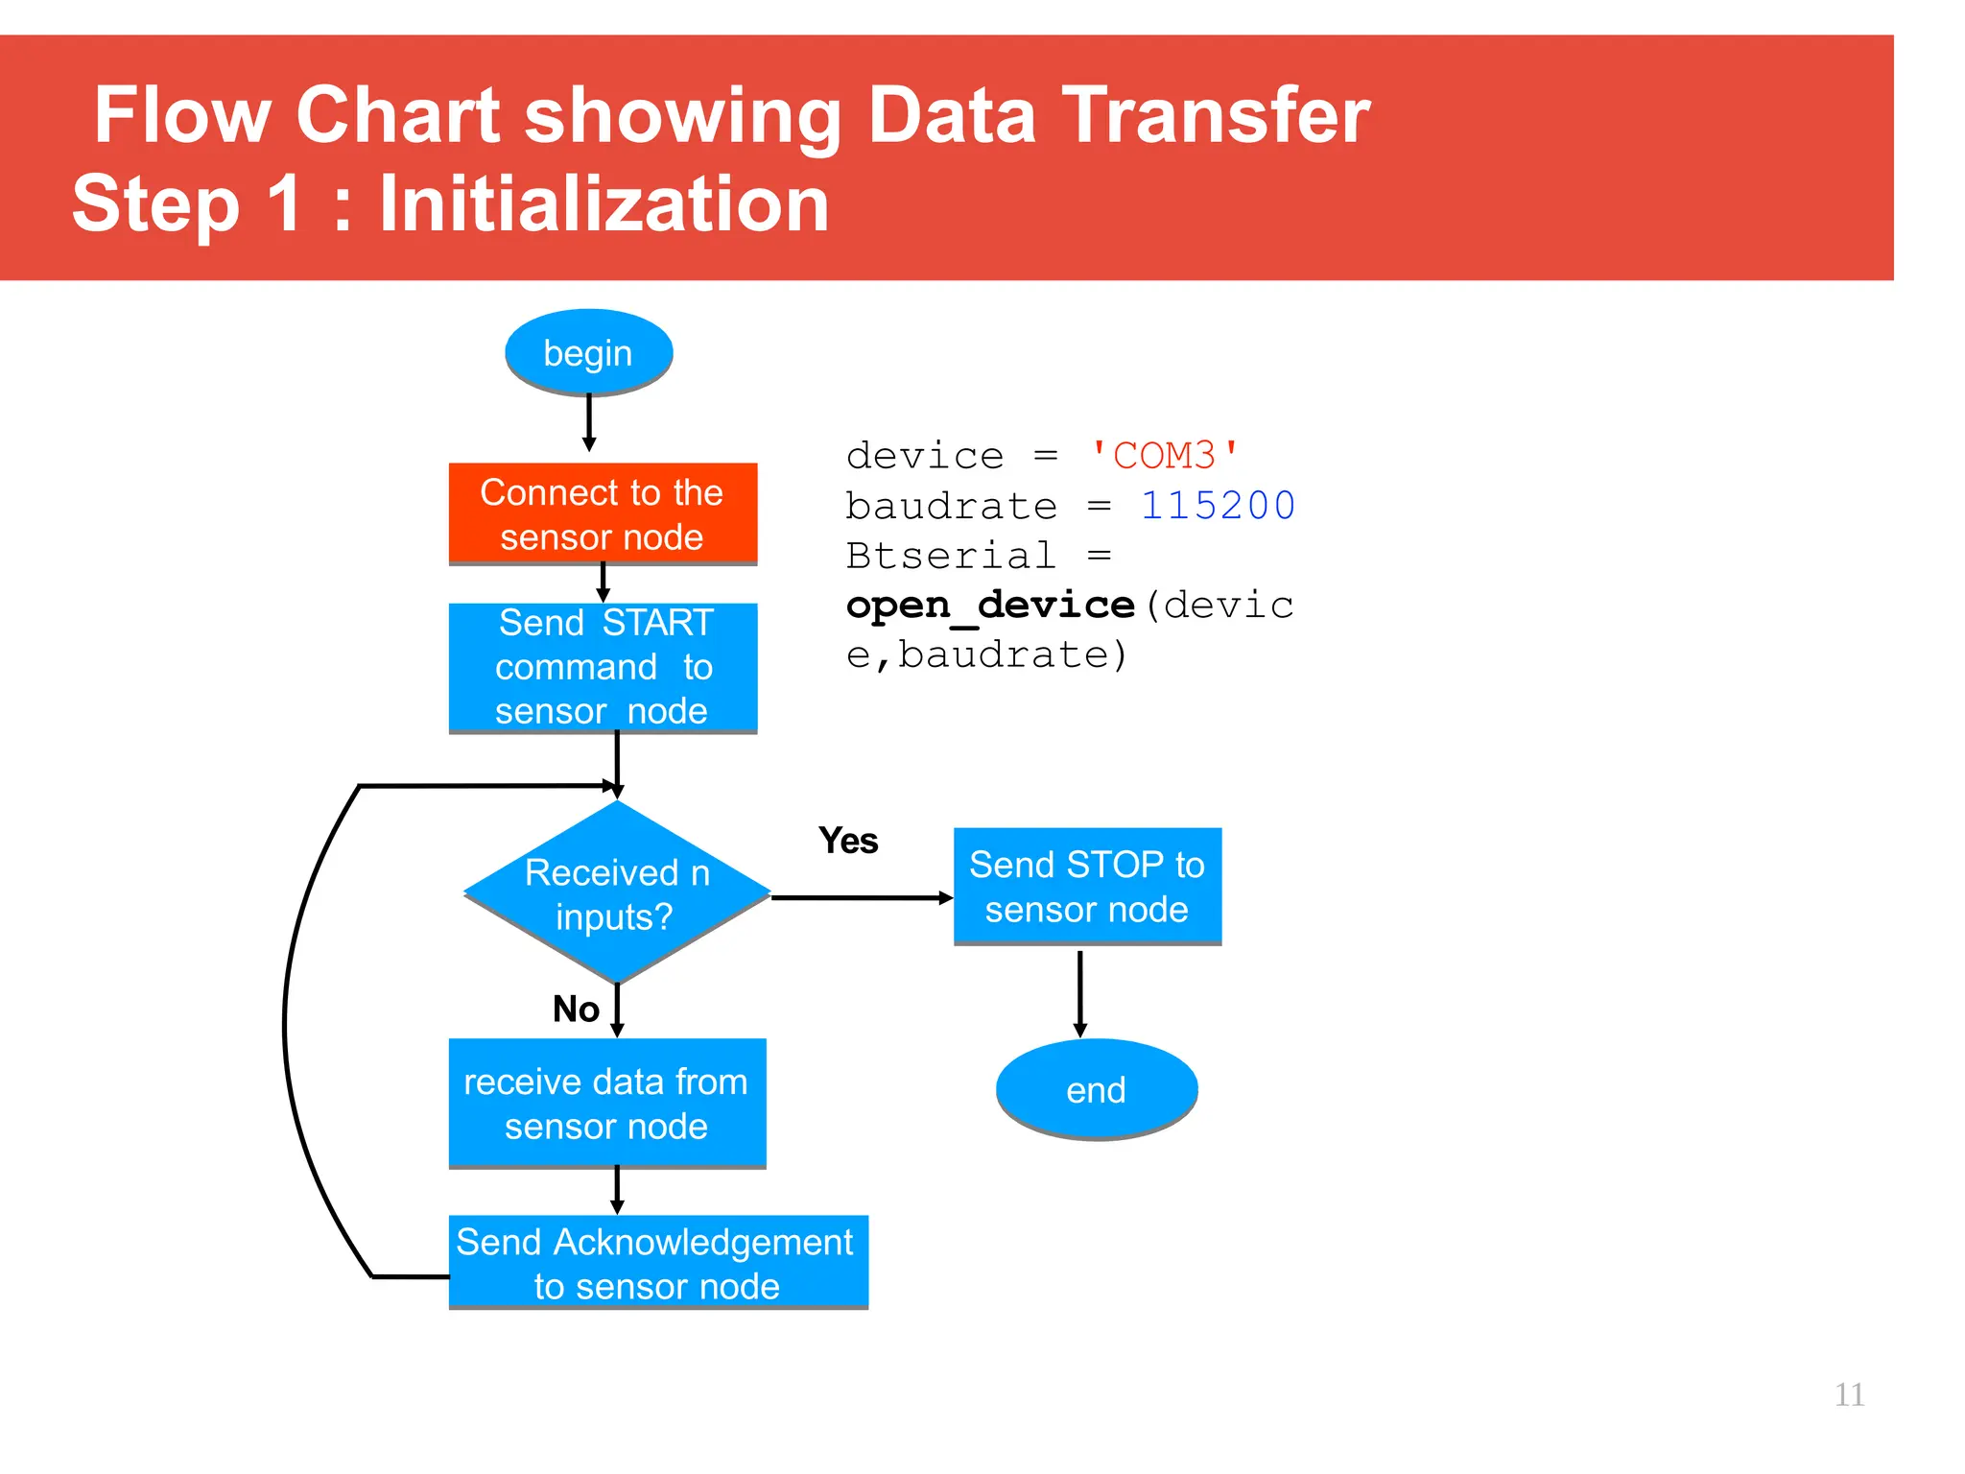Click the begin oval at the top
click(588, 352)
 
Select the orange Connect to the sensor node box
click(603, 513)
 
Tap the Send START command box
click(603, 667)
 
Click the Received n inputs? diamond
click(617, 892)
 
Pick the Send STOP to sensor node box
click(1086, 886)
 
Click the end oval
click(1096, 1089)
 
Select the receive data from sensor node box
click(606, 1103)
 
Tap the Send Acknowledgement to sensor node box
click(657, 1262)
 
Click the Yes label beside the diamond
click(848, 841)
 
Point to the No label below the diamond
click(576, 1009)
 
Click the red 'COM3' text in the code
click(1164, 455)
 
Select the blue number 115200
click(1217, 506)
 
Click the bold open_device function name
click(989, 606)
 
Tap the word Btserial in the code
click(950, 556)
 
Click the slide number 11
click(1848, 1394)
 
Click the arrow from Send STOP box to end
click(1080, 993)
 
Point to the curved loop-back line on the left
click(285, 1027)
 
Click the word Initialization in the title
click(604, 204)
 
